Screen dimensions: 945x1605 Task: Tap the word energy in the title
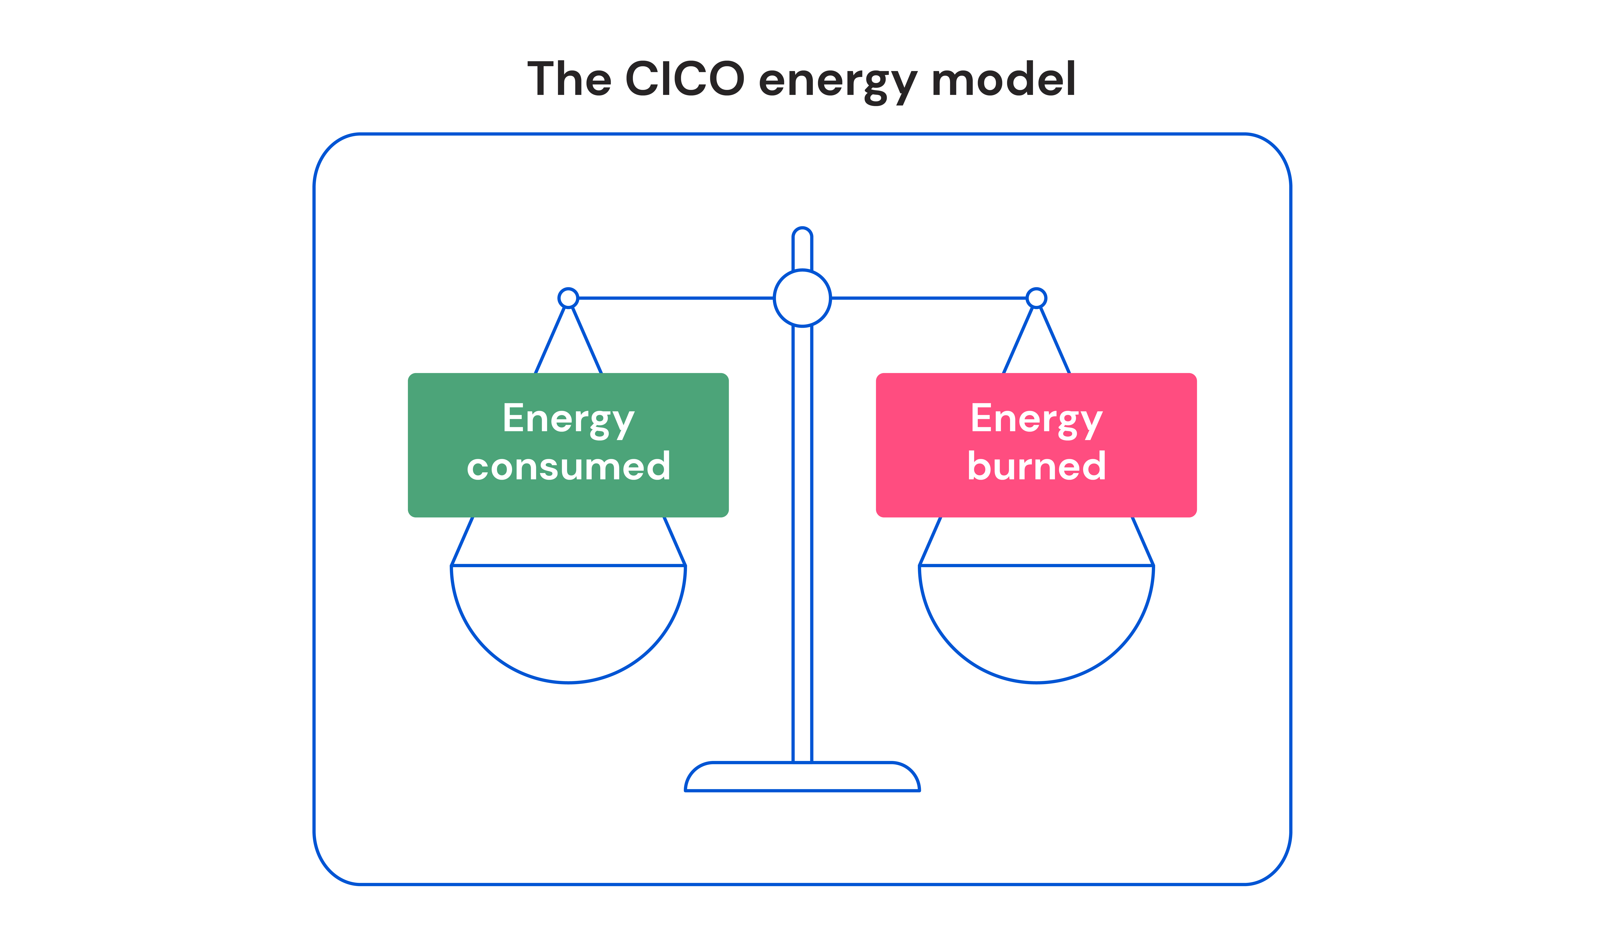click(x=838, y=81)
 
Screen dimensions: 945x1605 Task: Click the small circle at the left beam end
click(x=568, y=298)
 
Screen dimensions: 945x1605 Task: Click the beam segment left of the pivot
click(x=675, y=298)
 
